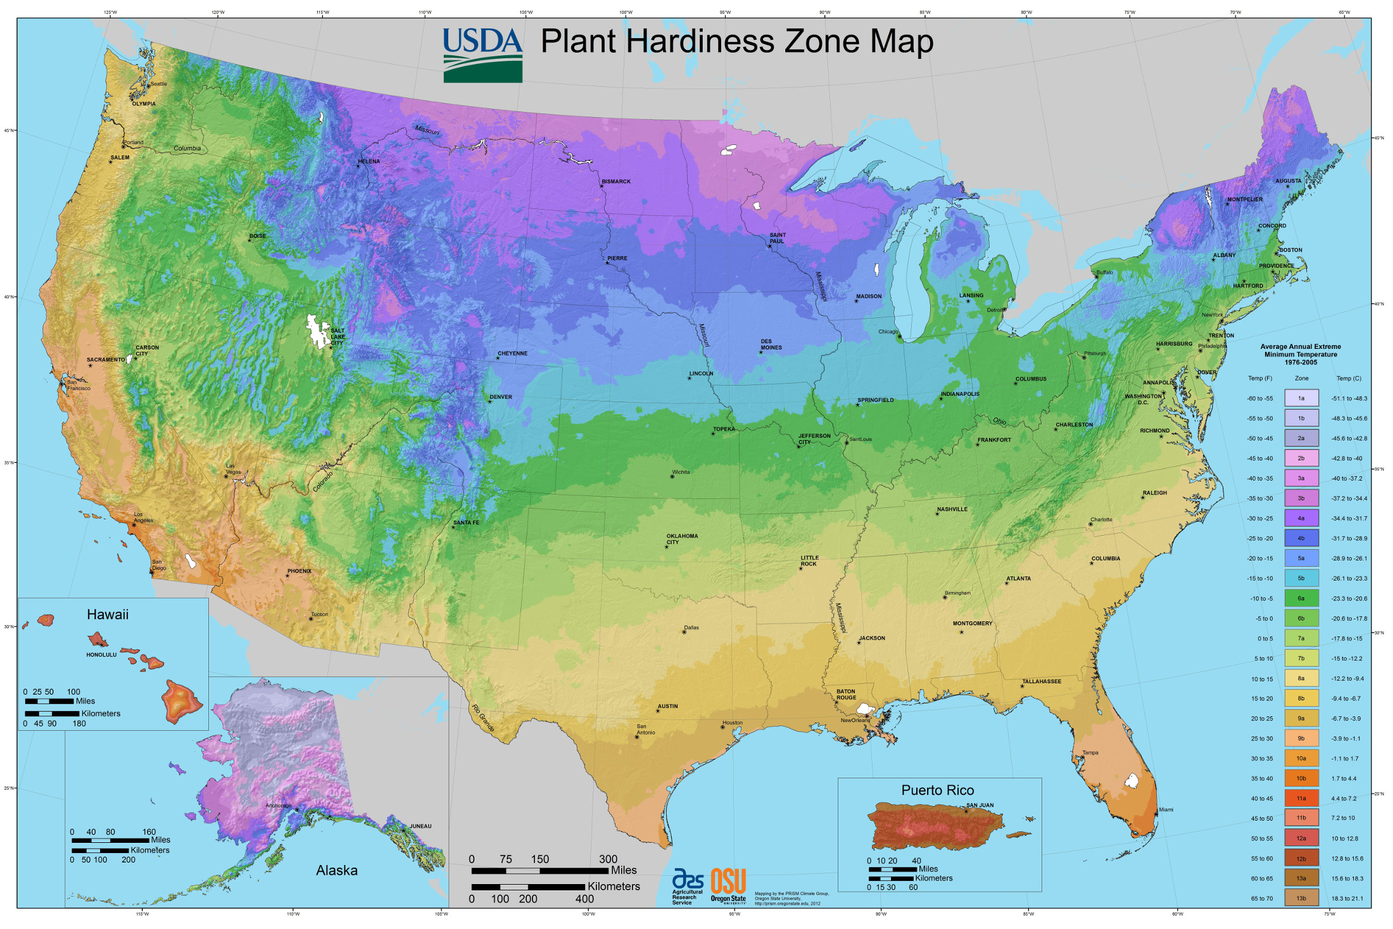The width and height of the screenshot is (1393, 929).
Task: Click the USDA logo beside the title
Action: pos(482,55)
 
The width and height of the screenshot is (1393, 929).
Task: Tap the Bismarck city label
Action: pos(615,182)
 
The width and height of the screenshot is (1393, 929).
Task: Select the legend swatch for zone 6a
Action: pos(1301,598)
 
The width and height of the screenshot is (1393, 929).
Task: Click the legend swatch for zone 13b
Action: pos(1301,898)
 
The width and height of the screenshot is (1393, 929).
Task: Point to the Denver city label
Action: pos(500,397)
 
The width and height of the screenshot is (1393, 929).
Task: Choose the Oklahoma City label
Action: pos(681,539)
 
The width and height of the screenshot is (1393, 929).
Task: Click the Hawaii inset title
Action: pos(108,614)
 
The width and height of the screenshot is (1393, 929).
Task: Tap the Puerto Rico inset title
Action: pos(937,790)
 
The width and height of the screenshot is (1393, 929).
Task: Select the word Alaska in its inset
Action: pos(336,871)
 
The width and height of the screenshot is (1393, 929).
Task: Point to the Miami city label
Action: pos(1166,809)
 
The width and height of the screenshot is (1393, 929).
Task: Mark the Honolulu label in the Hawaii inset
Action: pos(101,655)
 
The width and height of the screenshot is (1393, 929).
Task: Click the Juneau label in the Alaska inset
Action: pos(420,826)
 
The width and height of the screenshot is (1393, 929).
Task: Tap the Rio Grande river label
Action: pos(482,718)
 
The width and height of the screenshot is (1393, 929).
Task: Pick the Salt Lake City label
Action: pos(337,336)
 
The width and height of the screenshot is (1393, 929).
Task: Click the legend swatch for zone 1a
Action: pos(1301,398)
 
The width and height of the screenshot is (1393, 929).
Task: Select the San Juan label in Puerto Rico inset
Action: pos(980,806)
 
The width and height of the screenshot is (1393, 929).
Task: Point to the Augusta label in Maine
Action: pos(1288,181)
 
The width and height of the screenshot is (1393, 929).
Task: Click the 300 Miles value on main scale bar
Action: pos(608,859)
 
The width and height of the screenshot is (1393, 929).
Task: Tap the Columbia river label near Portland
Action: pos(187,149)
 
